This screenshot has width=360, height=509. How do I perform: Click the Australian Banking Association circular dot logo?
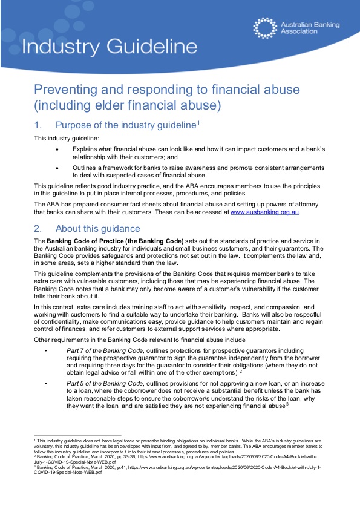265,28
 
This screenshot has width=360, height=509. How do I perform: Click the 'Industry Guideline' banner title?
109,47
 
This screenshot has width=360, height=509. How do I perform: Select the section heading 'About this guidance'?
97,229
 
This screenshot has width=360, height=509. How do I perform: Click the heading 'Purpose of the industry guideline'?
125,125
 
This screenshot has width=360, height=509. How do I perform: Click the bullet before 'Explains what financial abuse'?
57,148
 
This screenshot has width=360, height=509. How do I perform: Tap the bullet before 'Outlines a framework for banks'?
57,169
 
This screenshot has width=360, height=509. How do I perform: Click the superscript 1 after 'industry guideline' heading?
198,123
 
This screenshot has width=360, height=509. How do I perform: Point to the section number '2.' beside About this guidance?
38,229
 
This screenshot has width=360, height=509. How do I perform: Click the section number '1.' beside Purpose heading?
38,125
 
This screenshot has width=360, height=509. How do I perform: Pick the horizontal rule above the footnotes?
77,435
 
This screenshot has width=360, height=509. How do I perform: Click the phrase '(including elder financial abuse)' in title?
127,105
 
